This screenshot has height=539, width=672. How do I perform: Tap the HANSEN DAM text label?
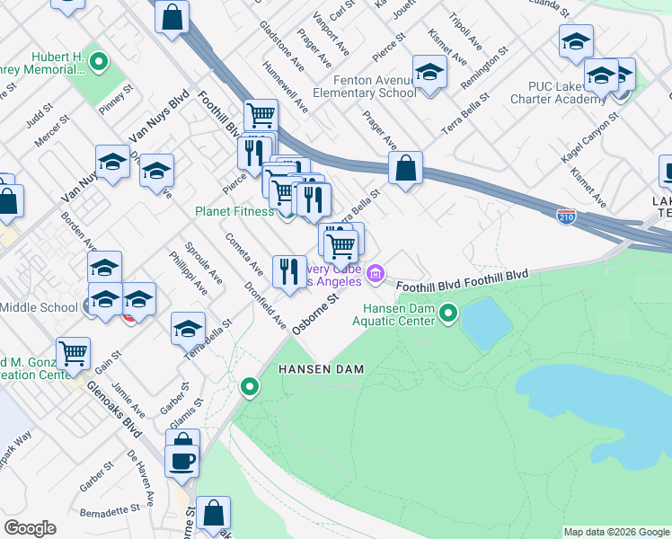pos(312,369)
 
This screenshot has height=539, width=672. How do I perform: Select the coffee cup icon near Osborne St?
pos(182,461)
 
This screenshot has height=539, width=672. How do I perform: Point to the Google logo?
pos(30,528)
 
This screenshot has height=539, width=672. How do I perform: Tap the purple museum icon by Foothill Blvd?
pos(376,273)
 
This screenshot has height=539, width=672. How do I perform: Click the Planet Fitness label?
pos(234,212)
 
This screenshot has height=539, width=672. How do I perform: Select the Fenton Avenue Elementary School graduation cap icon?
pos(429,73)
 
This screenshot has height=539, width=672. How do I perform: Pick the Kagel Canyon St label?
pos(588,137)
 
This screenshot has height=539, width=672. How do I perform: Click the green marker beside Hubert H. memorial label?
pos(99,63)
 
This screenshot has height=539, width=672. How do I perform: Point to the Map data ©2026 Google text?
pos(615,532)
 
